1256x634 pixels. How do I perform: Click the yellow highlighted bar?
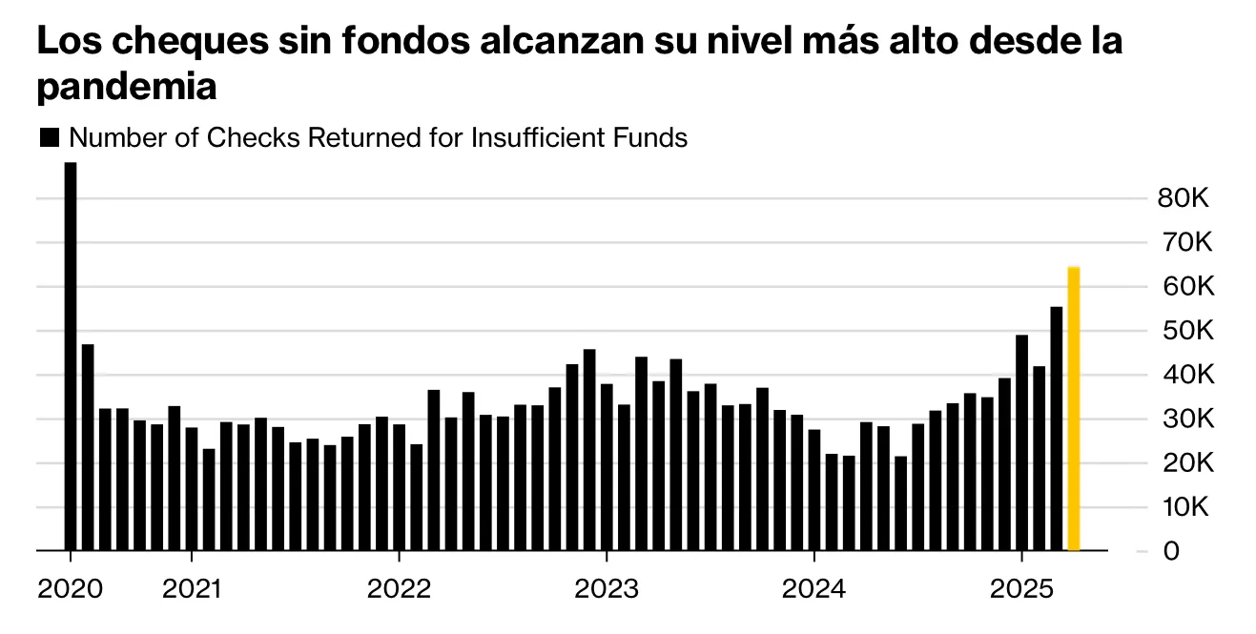tap(1073, 410)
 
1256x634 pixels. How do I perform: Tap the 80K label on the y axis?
tap(1184, 199)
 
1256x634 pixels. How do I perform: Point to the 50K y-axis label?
tap(1184, 332)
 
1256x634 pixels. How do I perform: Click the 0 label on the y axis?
tap(1170, 552)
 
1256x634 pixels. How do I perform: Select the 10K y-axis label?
tap(1184, 507)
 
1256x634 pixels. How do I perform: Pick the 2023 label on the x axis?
tap(606, 589)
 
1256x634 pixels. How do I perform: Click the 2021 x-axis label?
tap(191, 589)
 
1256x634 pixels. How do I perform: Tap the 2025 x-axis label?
tap(1020, 589)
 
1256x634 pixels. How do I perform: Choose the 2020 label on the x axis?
tap(70, 589)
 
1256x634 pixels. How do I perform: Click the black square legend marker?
tap(49, 138)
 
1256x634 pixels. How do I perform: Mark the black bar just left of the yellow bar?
tap(1056, 429)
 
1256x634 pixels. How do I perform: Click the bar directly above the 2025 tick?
tap(1021, 443)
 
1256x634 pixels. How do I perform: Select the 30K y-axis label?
tap(1184, 419)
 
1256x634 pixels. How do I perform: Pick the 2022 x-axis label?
tap(399, 589)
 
